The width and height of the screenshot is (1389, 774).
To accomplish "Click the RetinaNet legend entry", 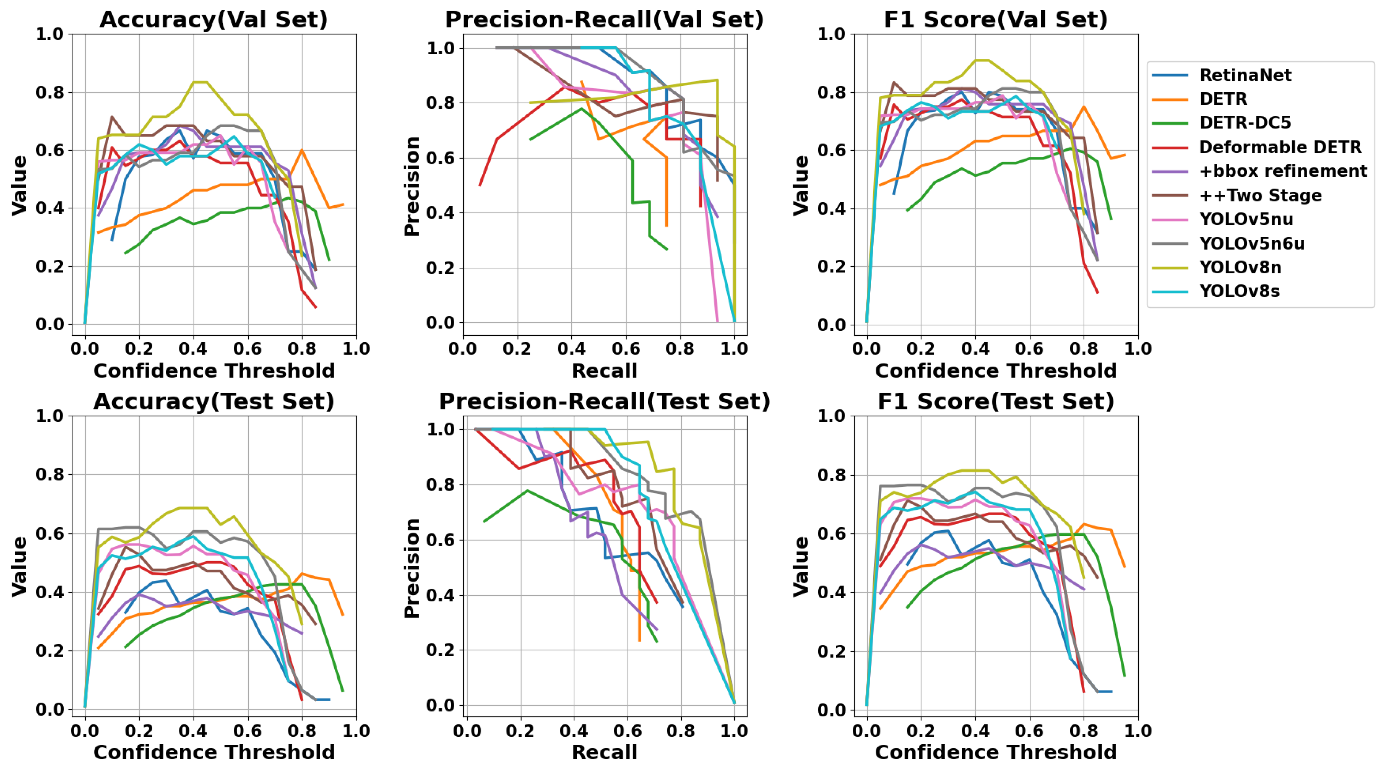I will click(x=1245, y=75).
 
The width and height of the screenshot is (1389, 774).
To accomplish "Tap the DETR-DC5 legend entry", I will click(x=1245, y=123).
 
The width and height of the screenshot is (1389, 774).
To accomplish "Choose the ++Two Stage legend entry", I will click(x=1260, y=195).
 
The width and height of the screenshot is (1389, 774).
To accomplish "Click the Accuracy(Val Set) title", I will click(x=213, y=20).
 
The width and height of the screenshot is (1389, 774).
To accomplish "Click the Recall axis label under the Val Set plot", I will click(x=604, y=371).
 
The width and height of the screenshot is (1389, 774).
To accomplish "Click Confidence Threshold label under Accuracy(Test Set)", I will click(x=213, y=752).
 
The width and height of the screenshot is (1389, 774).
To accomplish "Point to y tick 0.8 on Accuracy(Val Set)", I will click(x=50, y=92).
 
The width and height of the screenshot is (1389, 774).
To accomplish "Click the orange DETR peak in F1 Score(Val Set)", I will click(x=1084, y=107).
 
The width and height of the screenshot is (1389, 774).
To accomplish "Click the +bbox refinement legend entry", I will click(x=1282, y=171).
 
